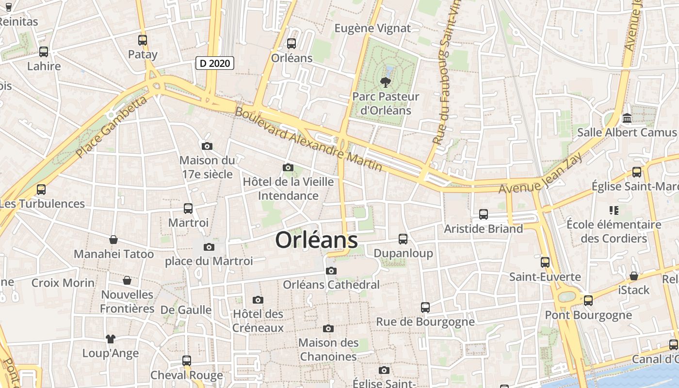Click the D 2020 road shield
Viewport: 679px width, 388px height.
[215, 63]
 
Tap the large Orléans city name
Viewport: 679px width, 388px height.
[317, 241]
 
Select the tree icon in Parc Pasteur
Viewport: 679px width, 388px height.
[386, 82]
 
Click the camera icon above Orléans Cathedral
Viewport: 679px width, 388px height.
[331, 271]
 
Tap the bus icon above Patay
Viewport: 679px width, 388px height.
[143, 40]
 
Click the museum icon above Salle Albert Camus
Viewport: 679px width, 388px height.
[627, 118]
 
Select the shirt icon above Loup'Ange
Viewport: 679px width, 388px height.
[111, 339]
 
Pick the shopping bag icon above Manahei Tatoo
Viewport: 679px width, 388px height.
[113, 240]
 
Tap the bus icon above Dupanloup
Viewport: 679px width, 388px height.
[403, 239]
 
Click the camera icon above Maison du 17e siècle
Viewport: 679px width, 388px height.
[207, 146]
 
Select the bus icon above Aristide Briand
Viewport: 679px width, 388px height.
[484, 214]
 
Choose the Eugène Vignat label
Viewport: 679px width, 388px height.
[372, 28]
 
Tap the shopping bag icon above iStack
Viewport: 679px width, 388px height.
[633, 276]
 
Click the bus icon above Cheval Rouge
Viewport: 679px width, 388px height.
[187, 361]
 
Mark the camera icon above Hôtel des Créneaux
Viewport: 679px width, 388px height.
[258, 300]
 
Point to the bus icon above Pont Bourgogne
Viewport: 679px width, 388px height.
[588, 301]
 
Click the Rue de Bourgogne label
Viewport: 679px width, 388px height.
[425, 321]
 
